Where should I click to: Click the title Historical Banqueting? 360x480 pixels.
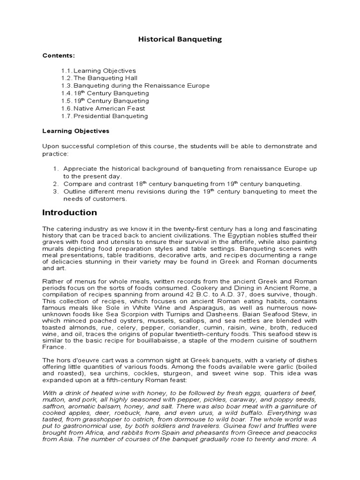pos(180,39)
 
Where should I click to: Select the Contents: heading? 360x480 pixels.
pos(59,55)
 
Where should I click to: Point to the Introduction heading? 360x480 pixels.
pos(69,212)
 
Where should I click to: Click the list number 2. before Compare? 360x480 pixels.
pos(55,184)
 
